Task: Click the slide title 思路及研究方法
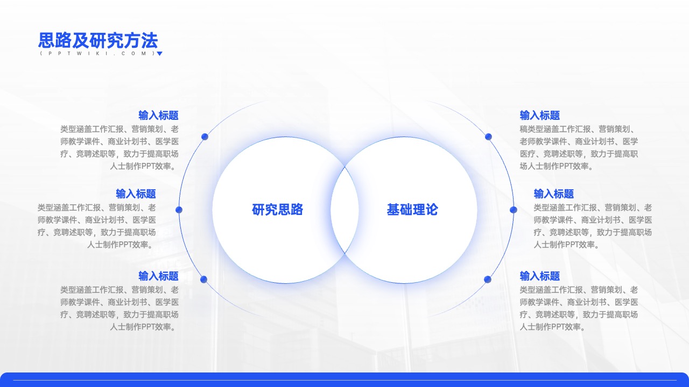coord(98,40)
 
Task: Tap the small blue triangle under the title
coord(159,54)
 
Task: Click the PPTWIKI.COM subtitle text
coord(98,53)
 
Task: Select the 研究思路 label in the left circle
coord(277,210)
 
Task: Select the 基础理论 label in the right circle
coord(412,210)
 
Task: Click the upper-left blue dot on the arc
coord(205,137)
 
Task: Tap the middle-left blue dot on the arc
coord(179,210)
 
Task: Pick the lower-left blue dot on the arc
coord(203,279)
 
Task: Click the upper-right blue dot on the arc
coord(488,137)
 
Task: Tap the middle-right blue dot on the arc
coord(514,210)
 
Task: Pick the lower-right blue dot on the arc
coord(488,279)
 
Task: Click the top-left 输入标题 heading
coord(158,116)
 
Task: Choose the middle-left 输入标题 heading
coord(136,194)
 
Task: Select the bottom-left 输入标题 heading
coord(158,276)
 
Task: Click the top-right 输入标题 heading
coord(540,116)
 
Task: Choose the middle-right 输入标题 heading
coord(554,194)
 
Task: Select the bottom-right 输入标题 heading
coord(540,276)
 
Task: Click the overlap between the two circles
coord(344,210)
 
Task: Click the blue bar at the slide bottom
coord(344,380)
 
